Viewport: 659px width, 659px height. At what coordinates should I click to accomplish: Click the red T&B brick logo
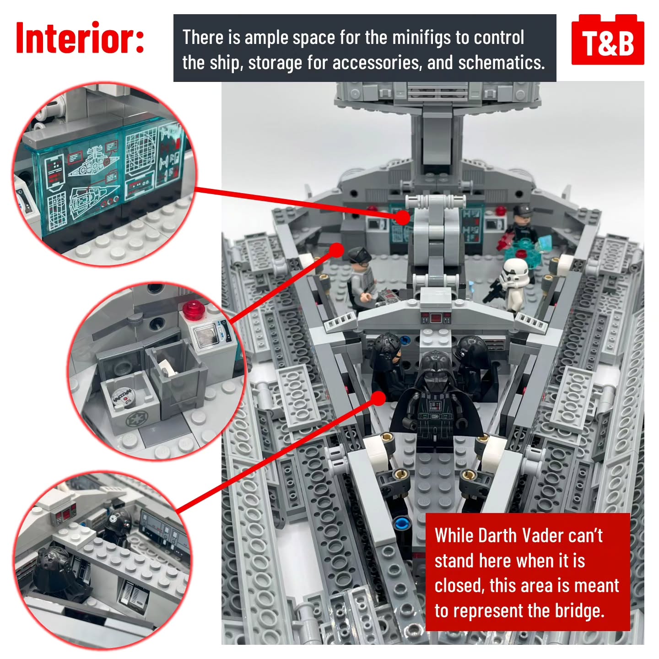coord(607,40)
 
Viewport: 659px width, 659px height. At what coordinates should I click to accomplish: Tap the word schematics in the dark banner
coord(502,63)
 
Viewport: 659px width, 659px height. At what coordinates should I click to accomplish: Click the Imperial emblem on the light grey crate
coord(133,419)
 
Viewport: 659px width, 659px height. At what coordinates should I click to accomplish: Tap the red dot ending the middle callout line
coord(337,250)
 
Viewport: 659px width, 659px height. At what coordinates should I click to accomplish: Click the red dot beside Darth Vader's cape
coord(378,398)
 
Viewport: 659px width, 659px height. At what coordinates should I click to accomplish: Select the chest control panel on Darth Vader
coord(435,406)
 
